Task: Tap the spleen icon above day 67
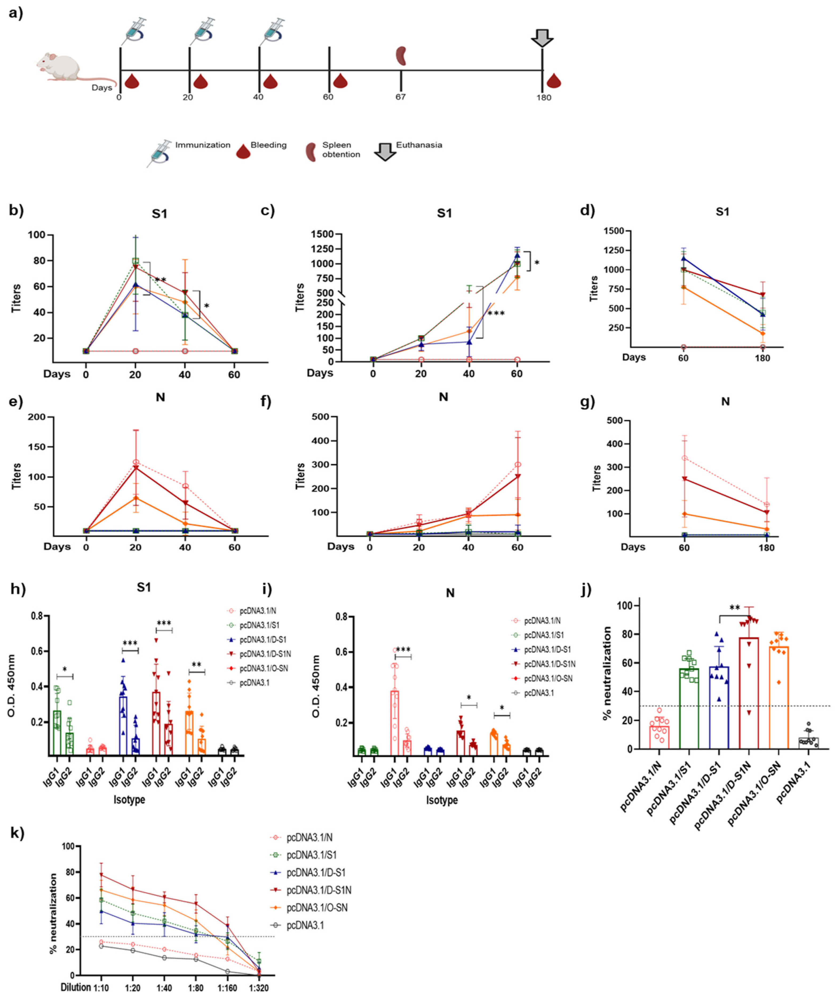[x=401, y=56]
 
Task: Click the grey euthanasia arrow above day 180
[x=542, y=38]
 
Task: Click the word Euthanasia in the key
[x=419, y=145]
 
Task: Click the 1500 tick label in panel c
[x=323, y=234]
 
